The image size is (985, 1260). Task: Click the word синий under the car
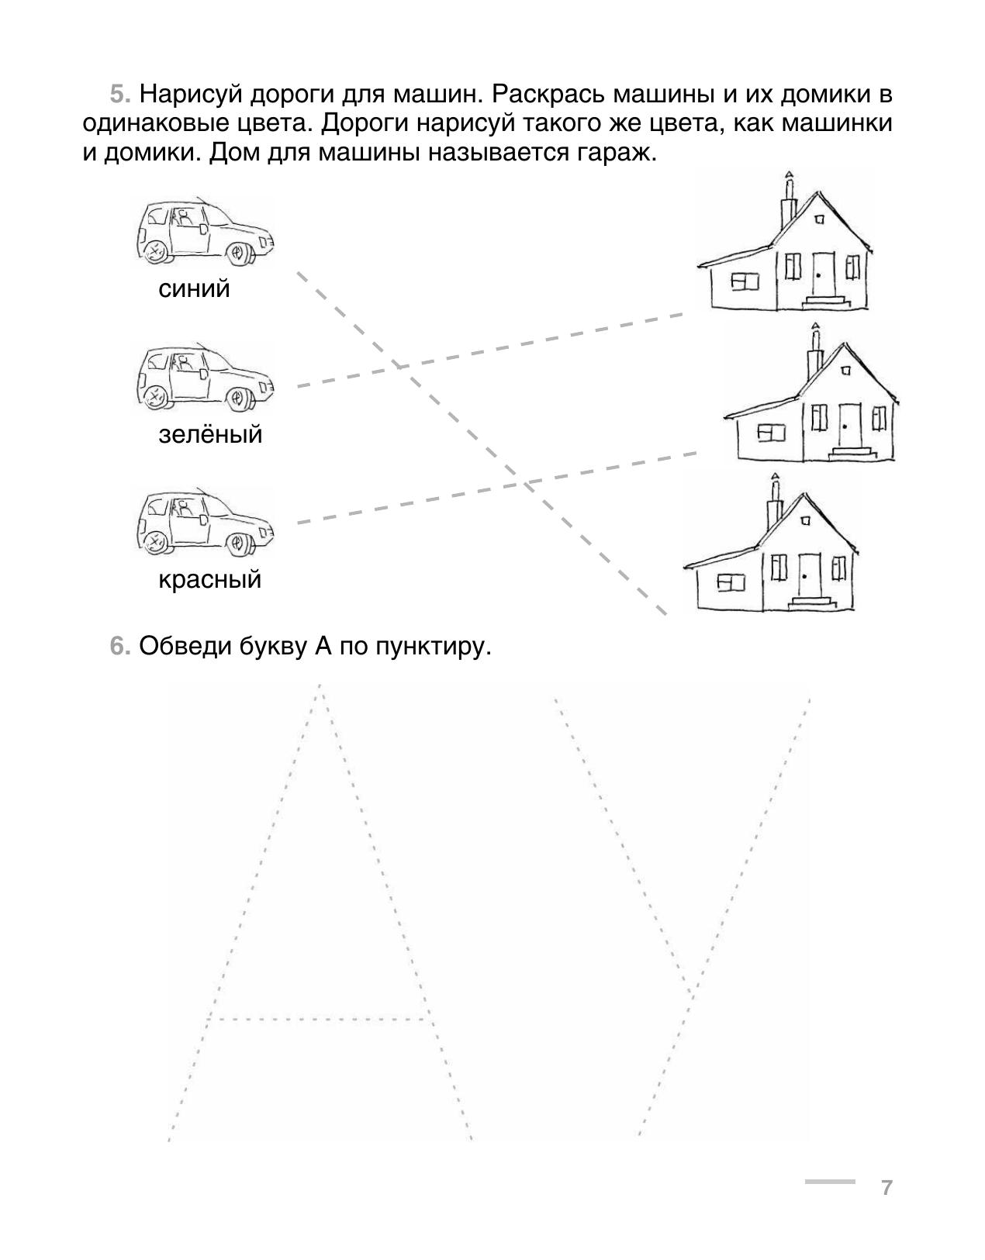194,288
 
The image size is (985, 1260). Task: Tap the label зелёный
210,433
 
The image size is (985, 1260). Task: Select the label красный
210,579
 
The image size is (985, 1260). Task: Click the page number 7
886,1188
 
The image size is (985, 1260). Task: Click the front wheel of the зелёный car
237,398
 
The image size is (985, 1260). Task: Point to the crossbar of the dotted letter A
318,1019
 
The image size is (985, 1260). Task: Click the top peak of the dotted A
320,686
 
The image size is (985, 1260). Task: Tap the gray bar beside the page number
830,1181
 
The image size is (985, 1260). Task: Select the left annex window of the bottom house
731,582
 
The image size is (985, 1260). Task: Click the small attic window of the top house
819,219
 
